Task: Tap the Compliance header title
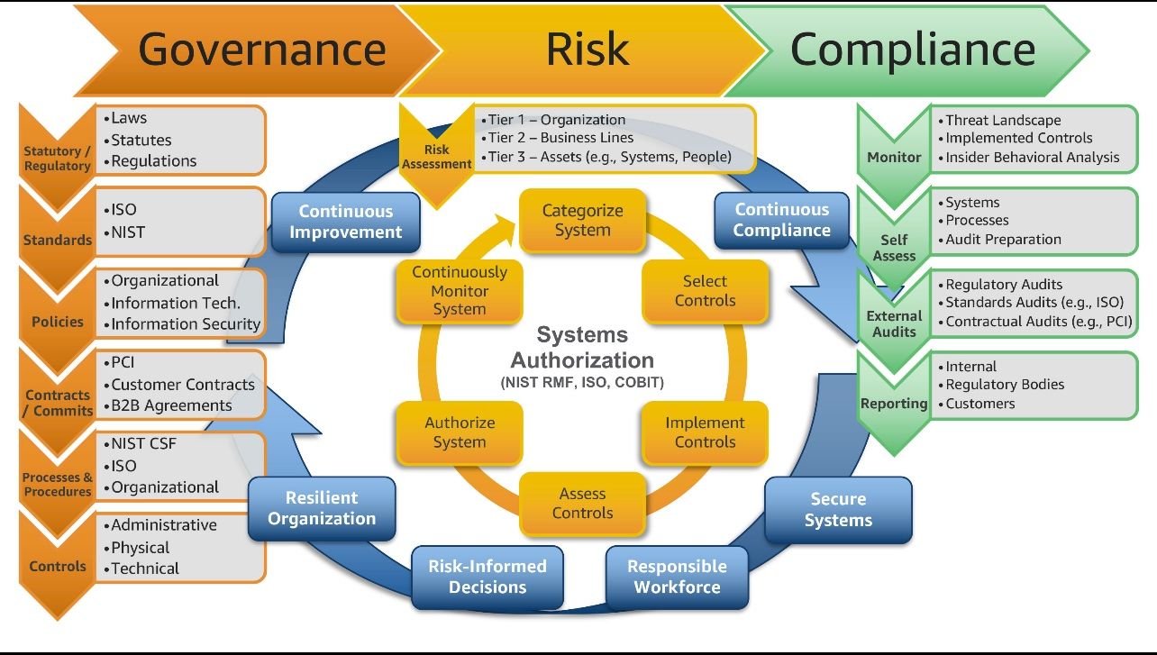[912, 50]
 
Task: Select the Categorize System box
[582, 221]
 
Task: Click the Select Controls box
[705, 291]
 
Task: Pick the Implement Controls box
[705, 432]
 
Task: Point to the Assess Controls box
[582, 504]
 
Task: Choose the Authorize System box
[460, 432]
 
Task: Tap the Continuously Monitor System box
[460, 291]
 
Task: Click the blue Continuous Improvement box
[345, 222]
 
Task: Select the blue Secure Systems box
[838, 510]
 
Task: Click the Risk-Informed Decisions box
[487, 577]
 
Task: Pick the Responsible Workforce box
[677, 577]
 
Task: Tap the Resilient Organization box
[322, 508]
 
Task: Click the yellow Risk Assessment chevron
[436, 155]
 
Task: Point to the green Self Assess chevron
[894, 246]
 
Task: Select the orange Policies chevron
[58, 321]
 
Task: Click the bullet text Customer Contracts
[183, 385]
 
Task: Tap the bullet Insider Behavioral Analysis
[1032, 158]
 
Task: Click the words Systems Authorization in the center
[582, 348]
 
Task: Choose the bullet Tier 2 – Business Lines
[560, 138]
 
